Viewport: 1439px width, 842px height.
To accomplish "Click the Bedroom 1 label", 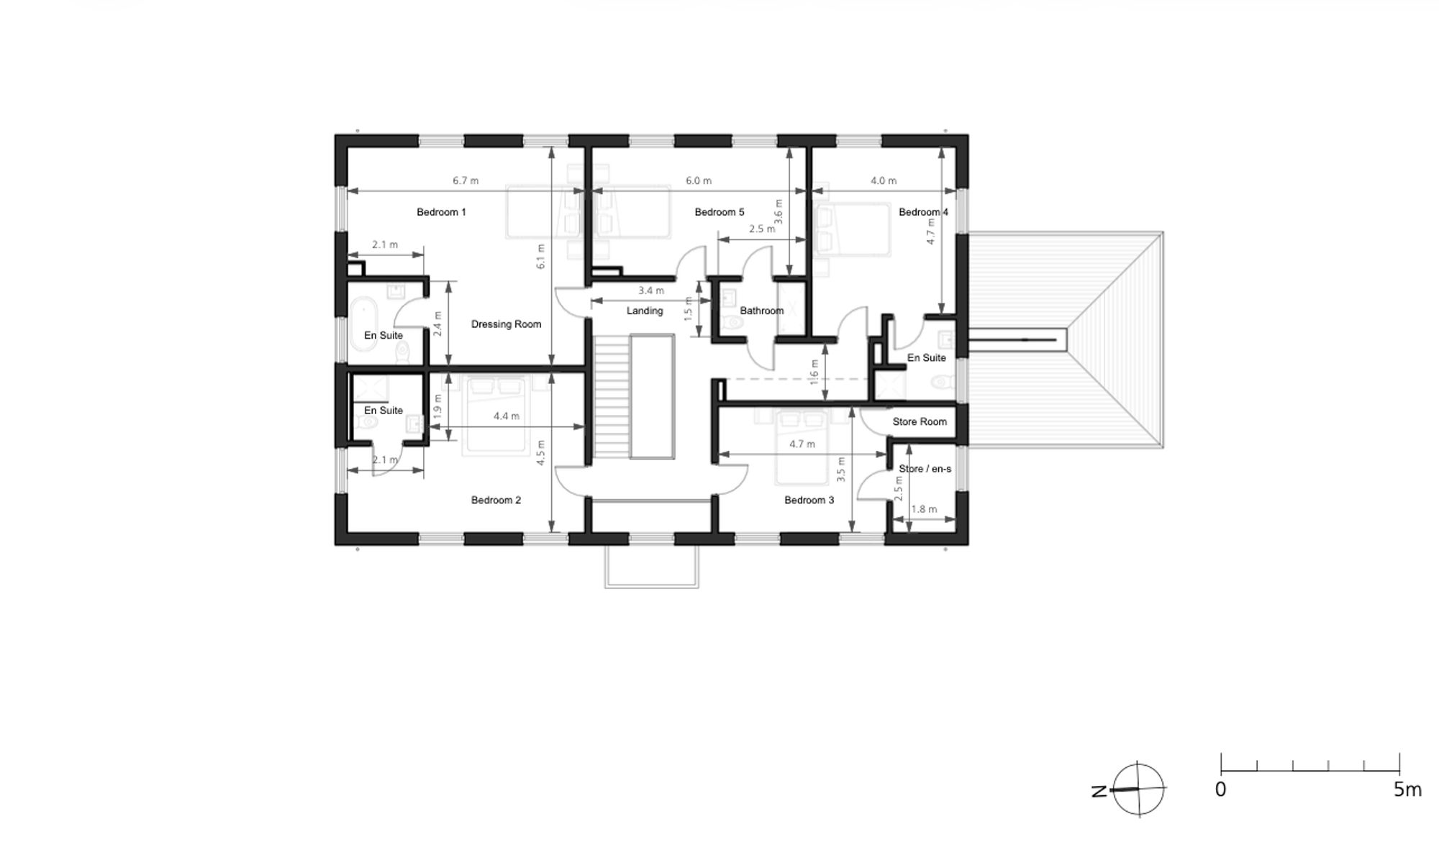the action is [441, 212].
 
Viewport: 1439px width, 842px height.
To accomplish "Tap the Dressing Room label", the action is [506, 324].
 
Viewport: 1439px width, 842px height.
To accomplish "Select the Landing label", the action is [645, 311].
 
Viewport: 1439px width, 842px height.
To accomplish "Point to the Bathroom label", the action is [762, 311].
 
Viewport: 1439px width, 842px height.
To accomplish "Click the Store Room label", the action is [920, 421].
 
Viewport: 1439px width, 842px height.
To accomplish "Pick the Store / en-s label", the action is [925, 469].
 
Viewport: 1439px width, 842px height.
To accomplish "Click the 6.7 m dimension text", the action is [466, 180].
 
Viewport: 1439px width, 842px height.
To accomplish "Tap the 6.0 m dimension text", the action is [698, 180].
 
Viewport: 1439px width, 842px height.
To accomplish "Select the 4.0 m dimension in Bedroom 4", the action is [884, 180].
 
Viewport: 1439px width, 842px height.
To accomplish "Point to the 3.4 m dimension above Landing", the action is [651, 290].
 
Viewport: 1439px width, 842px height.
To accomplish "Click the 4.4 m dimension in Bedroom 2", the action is [507, 416].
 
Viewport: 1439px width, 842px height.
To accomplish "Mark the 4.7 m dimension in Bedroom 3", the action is [802, 444].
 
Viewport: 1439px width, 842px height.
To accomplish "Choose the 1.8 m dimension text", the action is [924, 509].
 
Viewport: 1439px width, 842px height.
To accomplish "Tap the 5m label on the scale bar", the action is [1407, 790].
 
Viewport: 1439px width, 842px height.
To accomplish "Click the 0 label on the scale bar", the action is [1220, 790].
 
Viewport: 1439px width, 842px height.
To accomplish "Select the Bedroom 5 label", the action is [719, 212].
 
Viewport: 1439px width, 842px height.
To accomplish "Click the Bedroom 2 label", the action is [496, 500].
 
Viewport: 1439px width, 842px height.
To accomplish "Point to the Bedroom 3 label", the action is [809, 500].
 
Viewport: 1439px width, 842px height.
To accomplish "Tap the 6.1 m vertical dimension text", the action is [540, 257].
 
